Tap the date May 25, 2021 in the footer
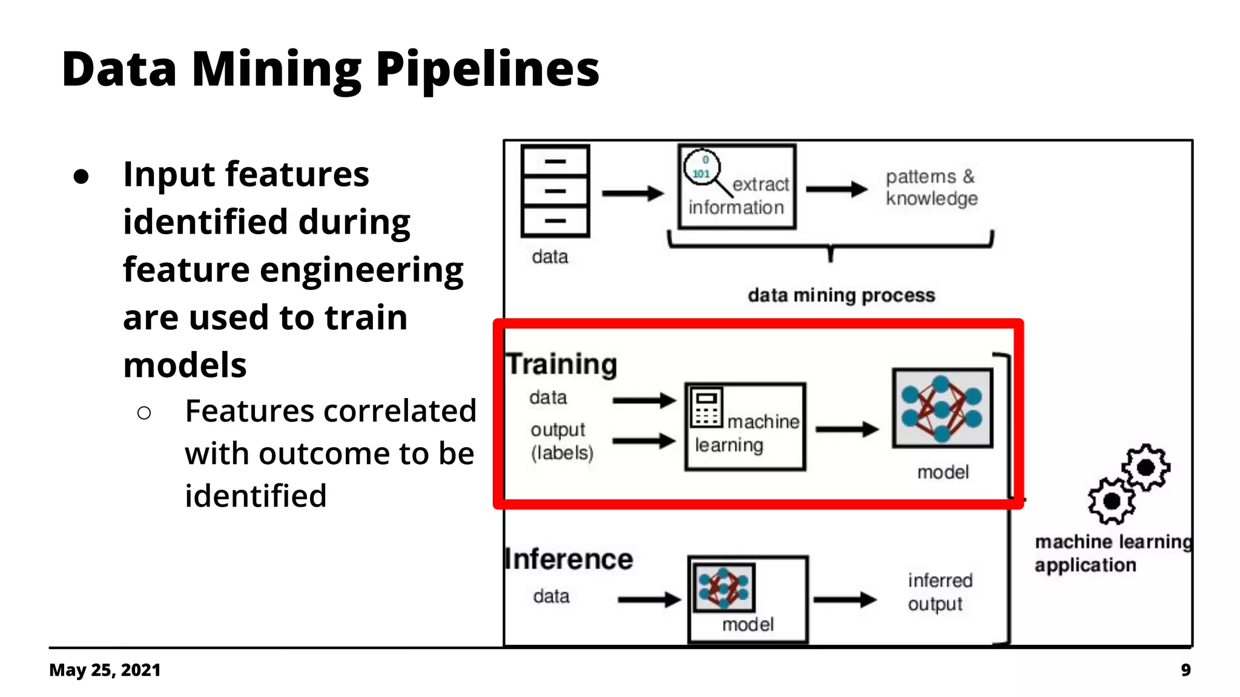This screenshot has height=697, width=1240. point(105,670)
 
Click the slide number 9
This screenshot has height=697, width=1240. point(1186,670)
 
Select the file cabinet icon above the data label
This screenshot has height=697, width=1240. point(555,191)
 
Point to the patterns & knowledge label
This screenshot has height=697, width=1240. point(931,188)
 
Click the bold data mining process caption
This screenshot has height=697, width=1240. point(841,295)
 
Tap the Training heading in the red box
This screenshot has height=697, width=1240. point(561,364)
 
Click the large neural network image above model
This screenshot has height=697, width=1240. point(942,408)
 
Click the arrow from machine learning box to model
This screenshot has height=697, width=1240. point(846,430)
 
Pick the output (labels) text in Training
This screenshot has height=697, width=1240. point(561,441)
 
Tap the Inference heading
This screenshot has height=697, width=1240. point(569,559)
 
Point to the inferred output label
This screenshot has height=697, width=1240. point(939,592)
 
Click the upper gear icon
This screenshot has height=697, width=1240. point(1145,467)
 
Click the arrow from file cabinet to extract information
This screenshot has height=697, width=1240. point(633,194)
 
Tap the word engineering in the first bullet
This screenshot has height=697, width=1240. point(361,270)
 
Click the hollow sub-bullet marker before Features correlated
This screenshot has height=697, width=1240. point(144,413)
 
